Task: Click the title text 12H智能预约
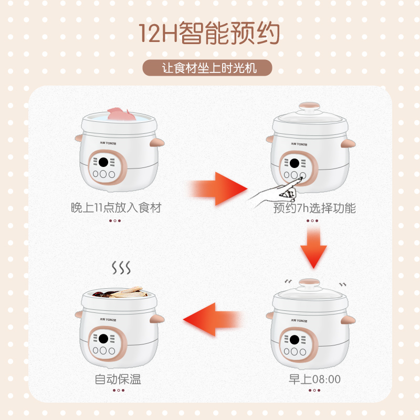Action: [209, 33]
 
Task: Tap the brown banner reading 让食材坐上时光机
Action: [207, 68]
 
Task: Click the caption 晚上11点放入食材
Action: [116, 208]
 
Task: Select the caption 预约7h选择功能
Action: [314, 208]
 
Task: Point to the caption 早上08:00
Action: [314, 379]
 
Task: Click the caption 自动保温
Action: [118, 379]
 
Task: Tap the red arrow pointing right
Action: [218, 189]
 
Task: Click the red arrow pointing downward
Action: [313, 247]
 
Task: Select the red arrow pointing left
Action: [213, 319]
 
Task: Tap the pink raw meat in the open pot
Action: [121, 114]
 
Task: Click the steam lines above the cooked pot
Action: [121, 268]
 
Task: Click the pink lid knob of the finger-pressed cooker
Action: [309, 107]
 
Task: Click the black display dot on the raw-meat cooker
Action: [103, 162]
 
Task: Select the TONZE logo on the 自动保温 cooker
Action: [108, 320]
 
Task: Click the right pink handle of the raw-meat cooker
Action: [157, 142]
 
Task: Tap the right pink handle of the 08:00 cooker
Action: [348, 320]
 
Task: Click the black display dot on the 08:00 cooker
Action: [295, 340]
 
